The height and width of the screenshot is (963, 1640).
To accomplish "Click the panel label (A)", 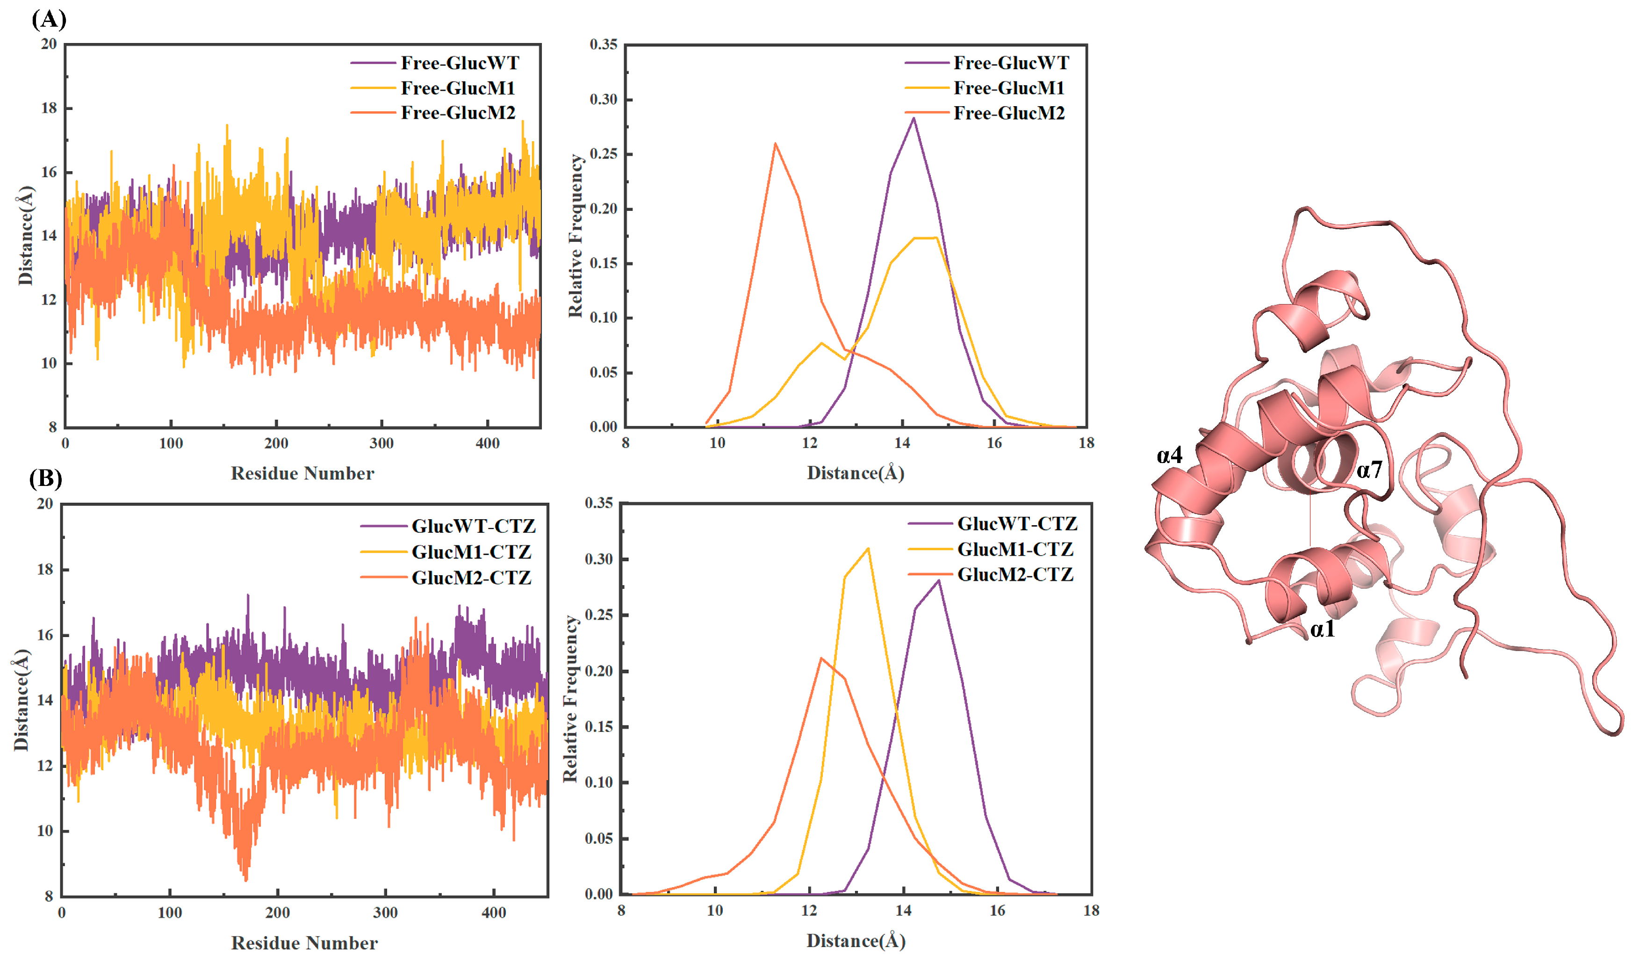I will click(49, 20).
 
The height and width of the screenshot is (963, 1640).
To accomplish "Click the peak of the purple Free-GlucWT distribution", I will click(914, 118).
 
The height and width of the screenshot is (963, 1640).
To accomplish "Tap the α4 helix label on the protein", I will click(1170, 455).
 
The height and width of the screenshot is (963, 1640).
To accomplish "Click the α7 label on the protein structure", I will click(1369, 470).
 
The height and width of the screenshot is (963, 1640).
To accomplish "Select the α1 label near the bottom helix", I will click(1323, 629).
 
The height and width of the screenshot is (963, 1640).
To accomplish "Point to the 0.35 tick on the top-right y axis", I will click(603, 44).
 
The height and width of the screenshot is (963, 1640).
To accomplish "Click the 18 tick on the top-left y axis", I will click(49, 108).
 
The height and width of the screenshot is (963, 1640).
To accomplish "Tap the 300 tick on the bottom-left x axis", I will click(385, 912).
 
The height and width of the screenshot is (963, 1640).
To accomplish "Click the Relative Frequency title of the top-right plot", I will click(575, 236).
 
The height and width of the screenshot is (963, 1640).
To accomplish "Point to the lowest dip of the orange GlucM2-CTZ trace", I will click(245, 880).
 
